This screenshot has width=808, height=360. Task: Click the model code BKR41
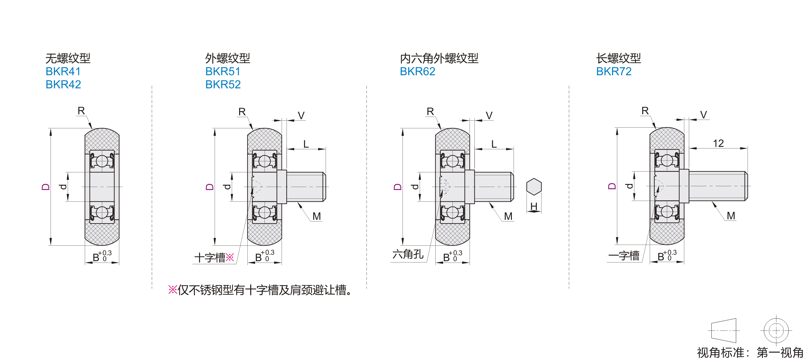click(x=63, y=71)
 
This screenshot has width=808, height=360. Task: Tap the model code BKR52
click(x=223, y=85)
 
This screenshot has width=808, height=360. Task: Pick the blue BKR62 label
click(x=418, y=71)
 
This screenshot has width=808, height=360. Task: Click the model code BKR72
click(x=614, y=71)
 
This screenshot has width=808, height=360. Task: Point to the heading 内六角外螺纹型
click(x=439, y=58)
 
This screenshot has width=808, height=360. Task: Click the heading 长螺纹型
click(x=618, y=58)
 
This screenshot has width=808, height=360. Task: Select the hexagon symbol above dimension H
click(x=534, y=187)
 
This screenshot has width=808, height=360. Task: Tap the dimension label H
click(x=534, y=206)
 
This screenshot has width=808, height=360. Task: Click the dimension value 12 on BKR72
click(x=718, y=143)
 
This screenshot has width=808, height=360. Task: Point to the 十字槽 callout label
click(x=210, y=258)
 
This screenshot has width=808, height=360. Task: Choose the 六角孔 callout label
click(x=408, y=254)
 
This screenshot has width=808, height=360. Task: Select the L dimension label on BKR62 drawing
click(x=494, y=144)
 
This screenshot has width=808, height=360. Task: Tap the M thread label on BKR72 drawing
click(x=731, y=216)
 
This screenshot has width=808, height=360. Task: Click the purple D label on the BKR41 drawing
click(x=46, y=187)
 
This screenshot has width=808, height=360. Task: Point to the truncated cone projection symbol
click(x=724, y=330)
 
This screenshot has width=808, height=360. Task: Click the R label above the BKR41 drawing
click(x=81, y=111)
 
